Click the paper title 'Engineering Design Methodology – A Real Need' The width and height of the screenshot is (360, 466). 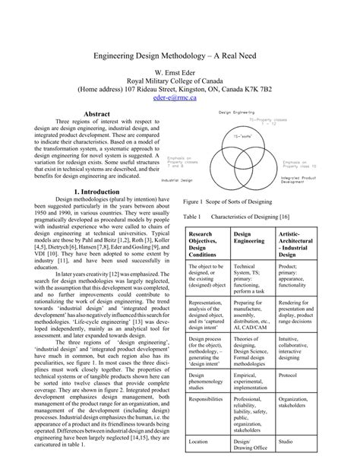(180, 57)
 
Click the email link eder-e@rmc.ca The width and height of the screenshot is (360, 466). (180, 98)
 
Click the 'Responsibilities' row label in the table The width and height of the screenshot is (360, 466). (205, 398)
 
